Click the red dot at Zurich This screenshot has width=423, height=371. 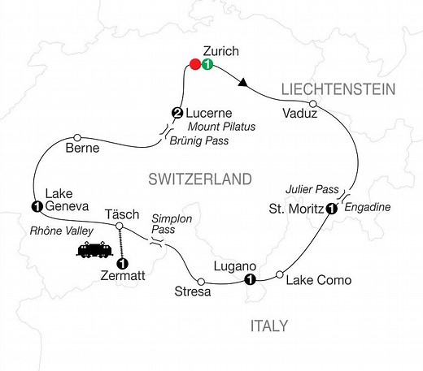pos(194,65)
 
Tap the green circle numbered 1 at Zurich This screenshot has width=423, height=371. pos(207,65)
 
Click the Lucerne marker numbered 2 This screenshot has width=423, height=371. pos(175,112)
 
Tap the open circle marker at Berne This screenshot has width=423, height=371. pos(77,136)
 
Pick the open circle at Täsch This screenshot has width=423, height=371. pos(120,226)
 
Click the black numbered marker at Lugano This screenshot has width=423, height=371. pos(250,281)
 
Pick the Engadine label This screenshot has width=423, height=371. pos(368,208)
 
